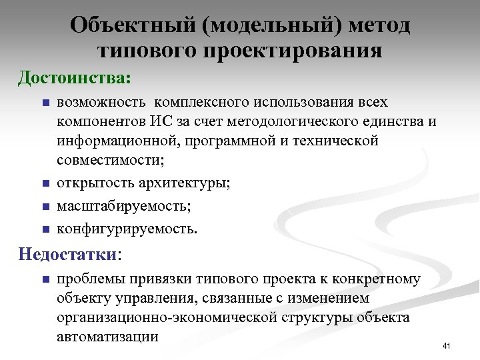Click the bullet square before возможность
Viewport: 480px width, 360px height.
(x=45, y=103)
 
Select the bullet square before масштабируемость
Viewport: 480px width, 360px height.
(x=45, y=207)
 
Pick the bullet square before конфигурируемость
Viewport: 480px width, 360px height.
(x=45, y=230)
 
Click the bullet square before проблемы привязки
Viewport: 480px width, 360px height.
(x=45, y=279)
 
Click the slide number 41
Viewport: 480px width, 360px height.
(x=447, y=345)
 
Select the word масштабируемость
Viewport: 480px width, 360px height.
(x=124, y=207)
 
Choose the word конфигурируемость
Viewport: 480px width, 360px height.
(x=127, y=229)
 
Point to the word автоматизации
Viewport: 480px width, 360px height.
(x=108, y=336)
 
